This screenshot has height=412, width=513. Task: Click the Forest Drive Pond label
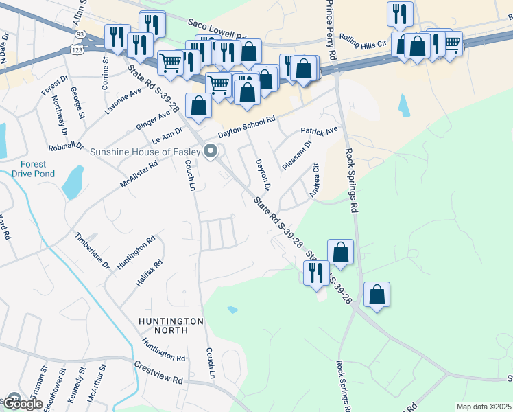coord(32,168)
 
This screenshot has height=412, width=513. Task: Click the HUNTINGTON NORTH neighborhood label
coord(171,325)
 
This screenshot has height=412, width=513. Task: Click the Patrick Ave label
coord(319,130)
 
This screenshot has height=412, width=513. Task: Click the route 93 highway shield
coord(81,34)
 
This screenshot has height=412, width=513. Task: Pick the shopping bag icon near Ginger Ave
coord(198,106)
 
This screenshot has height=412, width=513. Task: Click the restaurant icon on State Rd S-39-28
coord(315,272)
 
